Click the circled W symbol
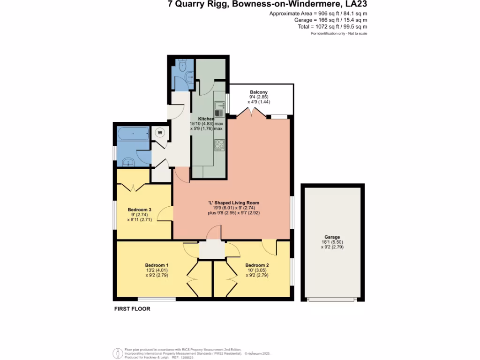pyautogui.click(x=159, y=133)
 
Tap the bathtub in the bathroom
pyautogui.click(x=133, y=134)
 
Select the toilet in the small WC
pyautogui.click(x=183, y=65)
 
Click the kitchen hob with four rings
pyautogui.click(x=219, y=145)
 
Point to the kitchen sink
pyautogui.click(x=219, y=106)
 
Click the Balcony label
pyautogui.click(x=259, y=92)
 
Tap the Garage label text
pyautogui.click(x=332, y=237)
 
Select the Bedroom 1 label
pyautogui.click(x=157, y=265)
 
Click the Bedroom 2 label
pyautogui.click(x=257, y=265)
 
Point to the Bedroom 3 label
pyautogui.click(x=140, y=210)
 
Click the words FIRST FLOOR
pyautogui.click(x=132, y=309)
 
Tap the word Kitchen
pyautogui.click(x=206, y=119)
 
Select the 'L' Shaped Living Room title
pyautogui.click(x=234, y=202)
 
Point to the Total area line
pyautogui.click(x=332, y=27)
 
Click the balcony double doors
pyautogui.click(x=252, y=113)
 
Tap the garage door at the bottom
pyautogui.click(x=332, y=300)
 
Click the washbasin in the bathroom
pyautogui.click(x=128, y=162)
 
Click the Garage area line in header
pyautogui.click(x=330, y=20)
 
